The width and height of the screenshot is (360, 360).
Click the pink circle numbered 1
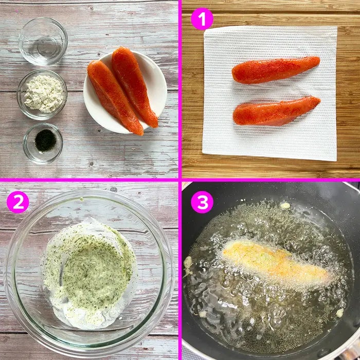pyautogui.click(x=202, y=19)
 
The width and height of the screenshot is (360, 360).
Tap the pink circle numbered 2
pyautogui.click(x=18, y=202)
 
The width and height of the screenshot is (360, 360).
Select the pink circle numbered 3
pyautogui.click(x=202, y=202)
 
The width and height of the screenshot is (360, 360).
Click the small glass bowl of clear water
pyautogui.click(x=43, y=42)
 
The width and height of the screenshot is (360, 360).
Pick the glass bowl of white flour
pyautogui.click(x=42, y=95)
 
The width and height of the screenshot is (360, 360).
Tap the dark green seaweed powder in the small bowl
pyautogui.click(x=45, y=140)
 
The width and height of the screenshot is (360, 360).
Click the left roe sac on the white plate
pyautogui.click(x=115, y=97)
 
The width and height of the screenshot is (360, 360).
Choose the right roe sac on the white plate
pyautogui.click(x=135, y=86)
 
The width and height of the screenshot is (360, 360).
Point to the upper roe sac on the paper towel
pyautogui.click(x=276, y=69)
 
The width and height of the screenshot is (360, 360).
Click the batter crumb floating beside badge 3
pyautogui.click(x=285, y=206)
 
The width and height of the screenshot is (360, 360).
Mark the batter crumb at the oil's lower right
pyautogui.click(x=339, y=313)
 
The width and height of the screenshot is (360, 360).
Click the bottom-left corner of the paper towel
pyautogui.click(x=202, y=153)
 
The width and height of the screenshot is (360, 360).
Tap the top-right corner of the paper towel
pyautogui.click(x=337, y=27)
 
